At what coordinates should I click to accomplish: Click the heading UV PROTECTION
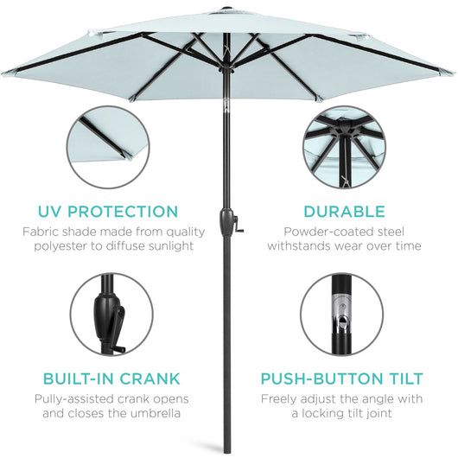[x=109, y=211]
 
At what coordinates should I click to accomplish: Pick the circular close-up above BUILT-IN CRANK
[x=108, y=315]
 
